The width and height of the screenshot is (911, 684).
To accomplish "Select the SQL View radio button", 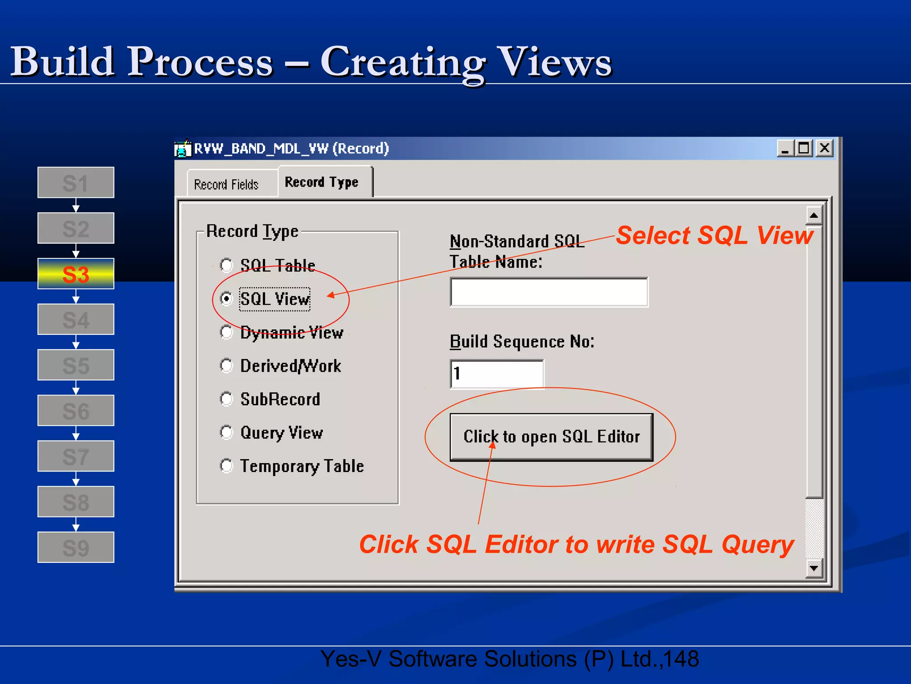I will click(226, 298).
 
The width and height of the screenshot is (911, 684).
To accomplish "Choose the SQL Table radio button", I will click(226, 265).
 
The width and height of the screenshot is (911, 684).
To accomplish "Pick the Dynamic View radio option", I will click(226, 332).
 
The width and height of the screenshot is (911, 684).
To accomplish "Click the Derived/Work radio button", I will click(226, 366).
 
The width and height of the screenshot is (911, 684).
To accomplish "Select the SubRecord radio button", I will click(226, 399).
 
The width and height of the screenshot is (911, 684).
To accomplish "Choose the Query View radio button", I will click(226, 432).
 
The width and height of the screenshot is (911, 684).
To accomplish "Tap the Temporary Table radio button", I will click(226, 466).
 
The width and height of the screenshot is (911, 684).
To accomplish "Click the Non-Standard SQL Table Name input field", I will click(549, 292).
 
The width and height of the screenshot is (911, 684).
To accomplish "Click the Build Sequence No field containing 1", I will click(496, 374).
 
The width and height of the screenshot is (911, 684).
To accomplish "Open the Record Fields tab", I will click(226, 184).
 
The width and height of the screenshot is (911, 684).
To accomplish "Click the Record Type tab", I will click(322, 182).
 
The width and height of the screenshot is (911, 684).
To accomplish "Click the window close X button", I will click(824, 148).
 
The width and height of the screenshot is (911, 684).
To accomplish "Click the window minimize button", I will click(785, 148).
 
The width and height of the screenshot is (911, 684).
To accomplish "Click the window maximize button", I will click(804, 148).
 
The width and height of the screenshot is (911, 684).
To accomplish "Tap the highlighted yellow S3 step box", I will click(76, 274).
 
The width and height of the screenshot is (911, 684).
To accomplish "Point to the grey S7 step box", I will click(76, 456).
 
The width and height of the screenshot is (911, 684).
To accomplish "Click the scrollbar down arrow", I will click(814, 568).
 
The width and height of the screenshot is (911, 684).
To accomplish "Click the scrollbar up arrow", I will click(814, 216).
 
